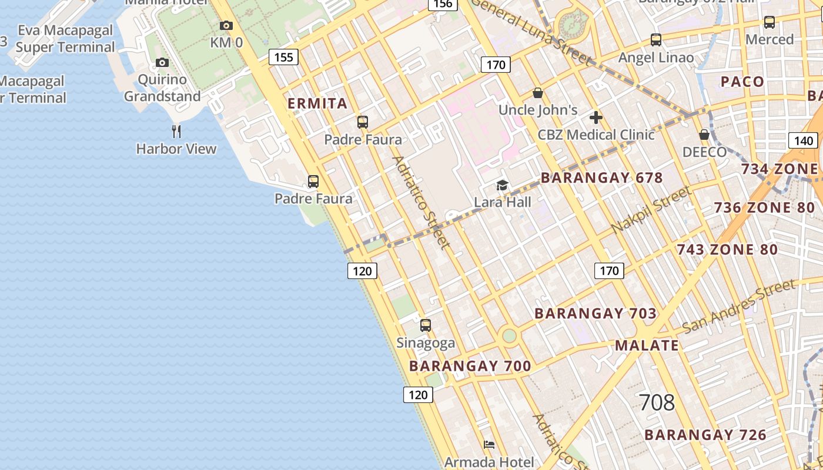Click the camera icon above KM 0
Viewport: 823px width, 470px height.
(226, 25)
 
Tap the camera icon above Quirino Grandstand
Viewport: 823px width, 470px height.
(162, 62)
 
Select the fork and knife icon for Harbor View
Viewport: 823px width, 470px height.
(176, 131)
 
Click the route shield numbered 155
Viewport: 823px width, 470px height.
(283, 57)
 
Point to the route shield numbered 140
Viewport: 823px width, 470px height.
(803, 140)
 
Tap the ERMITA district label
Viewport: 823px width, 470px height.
(317, 104)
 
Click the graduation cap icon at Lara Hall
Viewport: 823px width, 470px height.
(502, 186)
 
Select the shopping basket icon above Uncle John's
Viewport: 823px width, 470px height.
(537, 93)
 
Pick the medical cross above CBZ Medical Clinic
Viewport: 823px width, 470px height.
(596, 117)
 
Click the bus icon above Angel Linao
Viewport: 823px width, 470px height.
(656, 40)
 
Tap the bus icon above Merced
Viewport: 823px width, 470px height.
(769, 22)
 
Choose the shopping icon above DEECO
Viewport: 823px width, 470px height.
(704, 135)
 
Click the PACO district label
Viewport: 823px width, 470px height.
(742, 82)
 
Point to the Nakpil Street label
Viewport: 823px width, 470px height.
(651, 210)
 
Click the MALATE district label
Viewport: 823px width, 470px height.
(647, 345)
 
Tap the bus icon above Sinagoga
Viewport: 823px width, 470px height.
(426, 325)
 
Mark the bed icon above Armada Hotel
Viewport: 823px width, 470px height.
(489, 445)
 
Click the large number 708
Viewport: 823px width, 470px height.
(657, 403)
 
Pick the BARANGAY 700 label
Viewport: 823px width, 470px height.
(470, 367)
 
